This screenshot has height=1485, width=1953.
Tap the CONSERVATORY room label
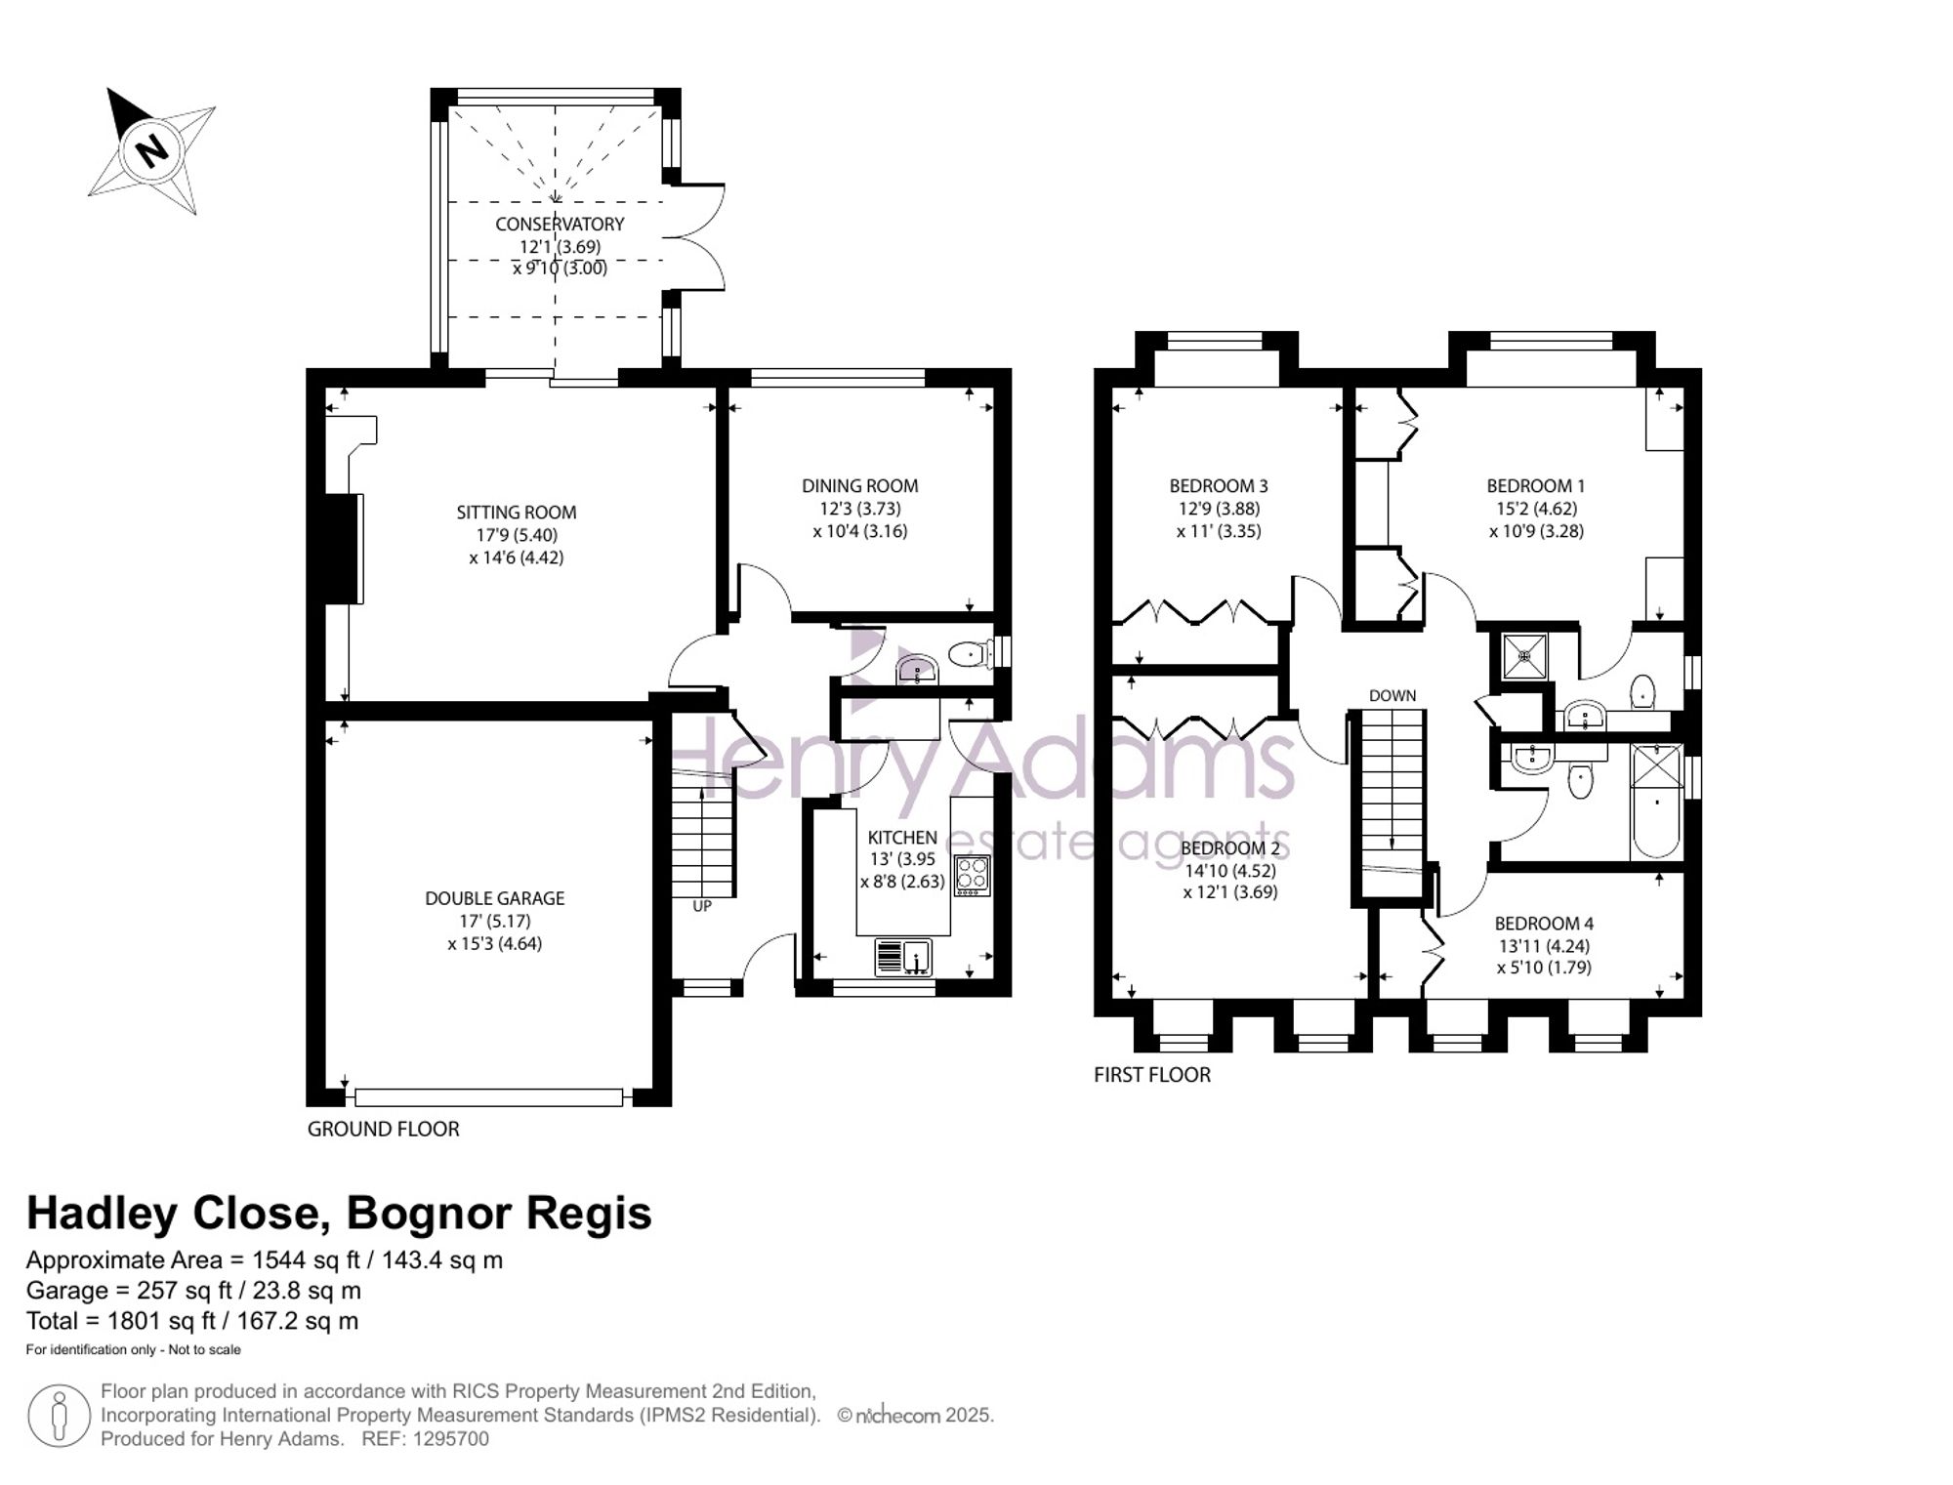560,224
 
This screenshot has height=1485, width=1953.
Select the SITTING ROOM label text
517,513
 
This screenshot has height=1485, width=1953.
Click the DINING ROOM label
860,485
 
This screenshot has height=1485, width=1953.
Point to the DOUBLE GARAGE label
495,898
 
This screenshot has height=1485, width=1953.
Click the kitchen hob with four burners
973,875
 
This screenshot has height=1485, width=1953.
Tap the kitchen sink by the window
903,957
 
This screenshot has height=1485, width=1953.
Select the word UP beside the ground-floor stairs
702,906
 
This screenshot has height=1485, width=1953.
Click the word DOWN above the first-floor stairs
1392,696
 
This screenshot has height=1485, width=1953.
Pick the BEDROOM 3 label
1219,485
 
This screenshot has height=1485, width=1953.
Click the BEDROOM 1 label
1536,485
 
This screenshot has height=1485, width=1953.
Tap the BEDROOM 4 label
1544,923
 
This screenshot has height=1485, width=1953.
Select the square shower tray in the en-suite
1525,656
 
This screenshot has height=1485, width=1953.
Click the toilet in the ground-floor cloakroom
973,653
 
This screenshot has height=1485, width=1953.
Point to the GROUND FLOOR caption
384,1129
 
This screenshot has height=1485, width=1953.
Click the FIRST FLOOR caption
1152,1075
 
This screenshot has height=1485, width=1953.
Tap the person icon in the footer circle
60,1416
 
